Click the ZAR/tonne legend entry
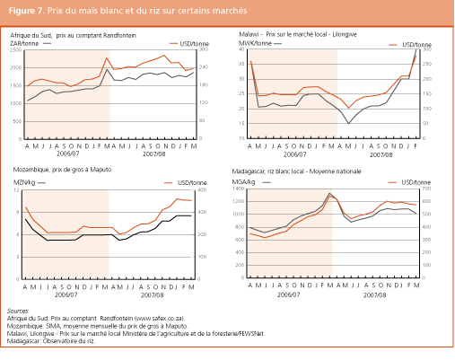tap(26, 41)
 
